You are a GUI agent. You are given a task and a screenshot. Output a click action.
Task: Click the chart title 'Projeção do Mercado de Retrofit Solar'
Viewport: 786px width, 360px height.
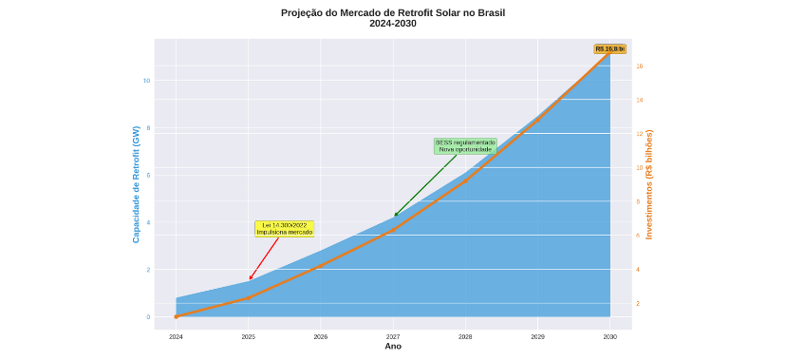(x=393, y=13)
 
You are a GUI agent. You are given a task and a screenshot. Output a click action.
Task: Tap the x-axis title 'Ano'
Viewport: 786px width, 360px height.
(x=393, y=347)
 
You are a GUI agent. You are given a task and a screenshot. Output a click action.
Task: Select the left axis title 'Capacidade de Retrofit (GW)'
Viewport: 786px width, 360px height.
(x=136, y=184)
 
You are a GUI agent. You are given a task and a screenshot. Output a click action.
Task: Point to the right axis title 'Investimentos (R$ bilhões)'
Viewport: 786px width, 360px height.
(x=649, y=184)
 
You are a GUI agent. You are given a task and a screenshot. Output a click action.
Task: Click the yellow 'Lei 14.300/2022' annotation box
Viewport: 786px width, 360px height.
(x=284, y=229)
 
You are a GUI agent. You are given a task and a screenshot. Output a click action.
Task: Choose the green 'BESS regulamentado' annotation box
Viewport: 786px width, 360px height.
(x=465, y=145)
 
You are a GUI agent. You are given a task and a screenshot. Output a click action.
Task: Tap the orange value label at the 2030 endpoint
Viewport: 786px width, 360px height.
(x=609, y=48)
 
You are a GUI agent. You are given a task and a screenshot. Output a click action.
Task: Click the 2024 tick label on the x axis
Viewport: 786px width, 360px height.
(x=176, y=336)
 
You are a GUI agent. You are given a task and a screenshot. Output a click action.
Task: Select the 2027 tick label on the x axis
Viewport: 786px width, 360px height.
(x=393, y=336)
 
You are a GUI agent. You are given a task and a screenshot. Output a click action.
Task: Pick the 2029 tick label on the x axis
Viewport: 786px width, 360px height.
(x=537, y=336)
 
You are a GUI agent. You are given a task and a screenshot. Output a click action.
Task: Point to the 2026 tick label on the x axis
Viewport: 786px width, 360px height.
(x=321, y=336)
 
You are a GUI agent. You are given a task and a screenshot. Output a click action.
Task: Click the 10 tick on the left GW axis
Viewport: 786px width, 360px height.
(x=147, y=81)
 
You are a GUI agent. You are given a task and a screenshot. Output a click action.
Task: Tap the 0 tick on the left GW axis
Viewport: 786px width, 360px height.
(x=147, y=317)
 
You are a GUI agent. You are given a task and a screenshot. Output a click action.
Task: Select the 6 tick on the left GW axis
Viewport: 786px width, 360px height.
(x=147, y=175)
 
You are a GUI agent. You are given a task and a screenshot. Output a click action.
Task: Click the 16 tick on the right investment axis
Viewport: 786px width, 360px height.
(x=640, y=66)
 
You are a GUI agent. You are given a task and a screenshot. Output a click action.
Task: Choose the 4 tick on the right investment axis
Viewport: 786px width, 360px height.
(x=638, y=270)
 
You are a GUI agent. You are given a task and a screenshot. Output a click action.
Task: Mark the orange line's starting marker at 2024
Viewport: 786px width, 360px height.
(x=176, y=316)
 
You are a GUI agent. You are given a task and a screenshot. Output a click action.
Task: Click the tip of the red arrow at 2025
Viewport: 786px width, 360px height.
(x=250, y=279)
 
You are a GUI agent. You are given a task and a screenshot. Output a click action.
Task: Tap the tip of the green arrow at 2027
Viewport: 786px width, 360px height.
(x=395, y=216)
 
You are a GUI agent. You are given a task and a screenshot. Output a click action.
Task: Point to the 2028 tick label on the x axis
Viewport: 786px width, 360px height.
(x=465, y=336)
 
